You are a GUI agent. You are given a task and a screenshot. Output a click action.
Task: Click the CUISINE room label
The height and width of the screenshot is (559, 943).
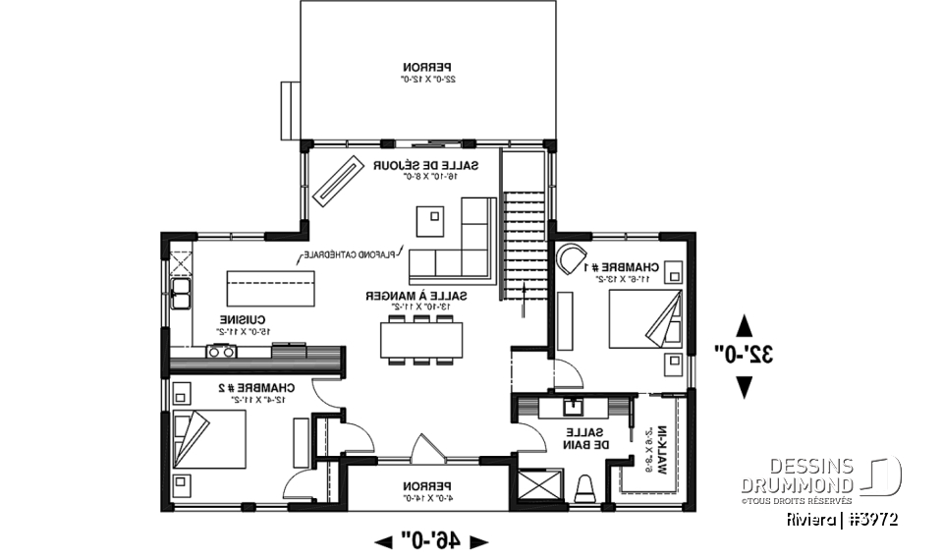point(240,320)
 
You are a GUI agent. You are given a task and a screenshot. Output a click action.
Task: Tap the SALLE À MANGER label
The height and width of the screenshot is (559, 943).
point(416,296)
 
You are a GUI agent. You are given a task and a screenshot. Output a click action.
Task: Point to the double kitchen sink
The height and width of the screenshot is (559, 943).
point(181,292)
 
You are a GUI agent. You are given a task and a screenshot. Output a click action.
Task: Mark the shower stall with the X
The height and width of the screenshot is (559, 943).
point(539,487)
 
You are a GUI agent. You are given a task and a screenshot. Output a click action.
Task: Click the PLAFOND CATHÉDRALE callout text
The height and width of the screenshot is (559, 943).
point(349,254)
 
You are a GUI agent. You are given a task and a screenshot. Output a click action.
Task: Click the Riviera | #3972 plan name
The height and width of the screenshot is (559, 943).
point(844,518)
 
